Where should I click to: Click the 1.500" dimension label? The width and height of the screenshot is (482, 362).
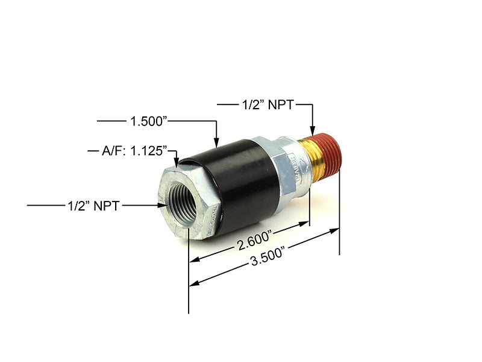149,121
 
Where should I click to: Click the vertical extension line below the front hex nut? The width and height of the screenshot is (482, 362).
189,290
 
